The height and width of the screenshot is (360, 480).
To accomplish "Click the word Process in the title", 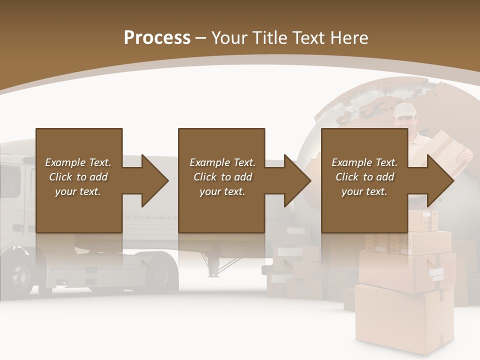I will [x=157, y=37].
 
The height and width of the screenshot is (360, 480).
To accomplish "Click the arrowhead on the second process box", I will [x=296, y=180].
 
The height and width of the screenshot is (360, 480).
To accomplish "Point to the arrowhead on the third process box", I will [x=439, y=180].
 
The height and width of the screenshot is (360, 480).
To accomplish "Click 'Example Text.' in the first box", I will [x=78, y=162].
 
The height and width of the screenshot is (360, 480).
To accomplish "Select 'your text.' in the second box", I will [x=222, y=191].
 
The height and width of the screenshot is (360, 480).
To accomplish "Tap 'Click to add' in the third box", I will [x=364, y=177].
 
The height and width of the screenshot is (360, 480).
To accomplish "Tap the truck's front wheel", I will [x=22, y=275].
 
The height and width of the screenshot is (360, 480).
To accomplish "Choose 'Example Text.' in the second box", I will [x=222, y=162].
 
